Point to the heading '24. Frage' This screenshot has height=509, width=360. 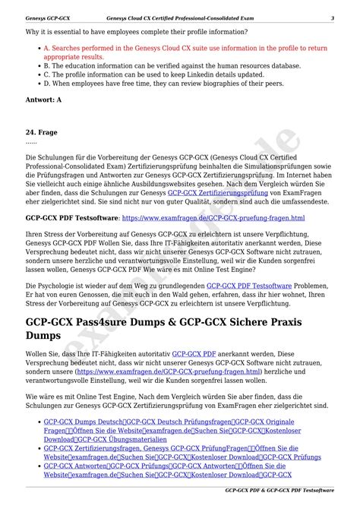[x=42, y=131]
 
